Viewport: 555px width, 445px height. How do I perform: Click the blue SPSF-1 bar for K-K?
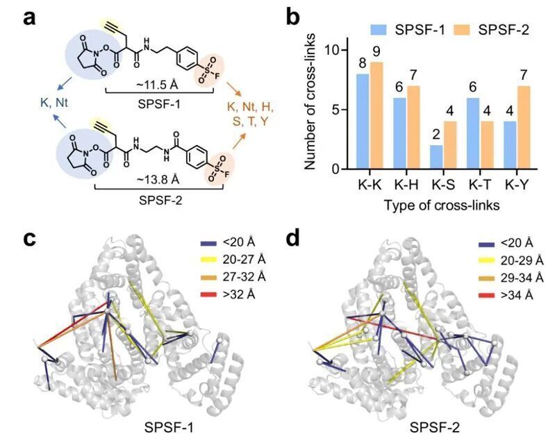coord(363,121)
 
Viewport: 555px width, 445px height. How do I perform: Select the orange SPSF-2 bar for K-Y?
coord(524,127)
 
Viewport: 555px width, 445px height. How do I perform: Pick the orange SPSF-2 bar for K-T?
coord(488,145)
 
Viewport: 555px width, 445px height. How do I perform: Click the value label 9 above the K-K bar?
coord(376,52)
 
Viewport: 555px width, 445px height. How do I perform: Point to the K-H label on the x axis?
coord(406,185)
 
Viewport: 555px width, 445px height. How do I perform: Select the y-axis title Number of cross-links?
coord(310,101)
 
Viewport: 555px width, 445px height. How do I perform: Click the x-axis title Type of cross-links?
coord(442,205)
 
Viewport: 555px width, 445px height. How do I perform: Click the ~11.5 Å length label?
coord(158,85)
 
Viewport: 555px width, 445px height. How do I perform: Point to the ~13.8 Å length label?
coord(158,180)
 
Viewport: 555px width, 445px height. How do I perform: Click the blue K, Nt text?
coord(54,103)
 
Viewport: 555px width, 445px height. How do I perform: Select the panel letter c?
coord(29,239)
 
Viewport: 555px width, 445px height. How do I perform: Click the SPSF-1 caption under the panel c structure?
coord(169,428)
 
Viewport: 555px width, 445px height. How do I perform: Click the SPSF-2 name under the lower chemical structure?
coord(160,201)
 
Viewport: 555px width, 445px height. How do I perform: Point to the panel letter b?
coord(293,17)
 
